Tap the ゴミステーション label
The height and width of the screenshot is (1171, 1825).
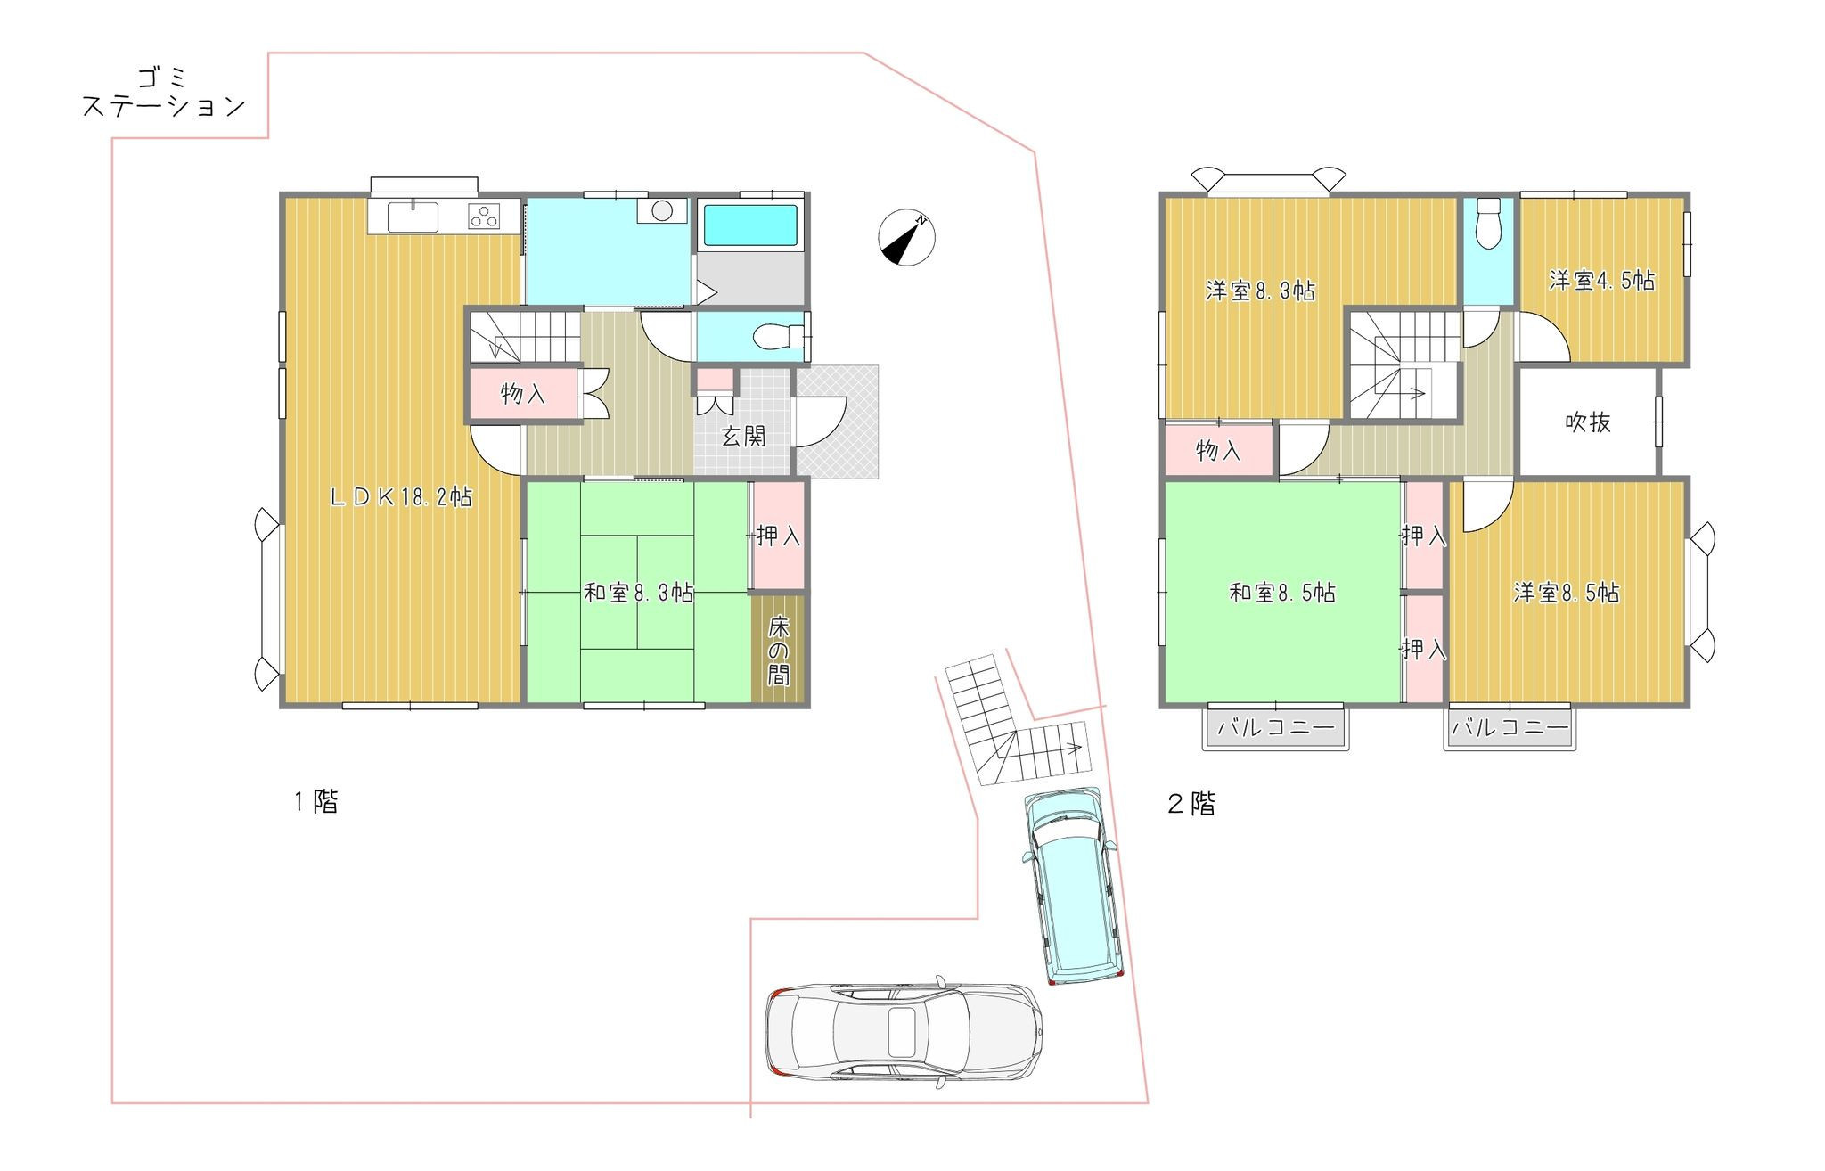tap(164, 92)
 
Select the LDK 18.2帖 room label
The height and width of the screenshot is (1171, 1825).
tap(401, 497)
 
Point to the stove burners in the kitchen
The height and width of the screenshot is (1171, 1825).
tap(484, 217)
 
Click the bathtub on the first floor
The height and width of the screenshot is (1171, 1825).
tap(750, 225)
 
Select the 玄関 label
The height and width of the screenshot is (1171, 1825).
tap(743, 436)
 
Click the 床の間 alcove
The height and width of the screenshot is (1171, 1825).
tap(778, 648)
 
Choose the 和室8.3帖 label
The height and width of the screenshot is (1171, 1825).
tap(638, 593)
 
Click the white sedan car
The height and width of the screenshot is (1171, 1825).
tap(904, 1032)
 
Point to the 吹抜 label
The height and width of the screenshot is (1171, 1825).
tap(1588, 422)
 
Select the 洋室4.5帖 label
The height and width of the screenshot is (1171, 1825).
tap(1602, 281)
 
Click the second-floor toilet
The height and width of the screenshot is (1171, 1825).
tap(1489, 223)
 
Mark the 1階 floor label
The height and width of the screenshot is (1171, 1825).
tap(316, 802)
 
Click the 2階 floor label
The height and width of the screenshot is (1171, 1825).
tap(1191, 804)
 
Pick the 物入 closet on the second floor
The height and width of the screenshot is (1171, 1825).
tap(1218, 450)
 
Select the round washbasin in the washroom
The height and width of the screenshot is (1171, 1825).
tap(662, 210)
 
